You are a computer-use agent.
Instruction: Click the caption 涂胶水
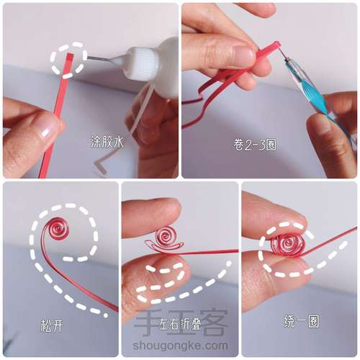[107, 143]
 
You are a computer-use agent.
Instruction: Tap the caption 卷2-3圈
[254, 145]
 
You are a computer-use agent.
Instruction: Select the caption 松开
[52, 325]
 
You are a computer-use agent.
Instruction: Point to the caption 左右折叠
[180, 324]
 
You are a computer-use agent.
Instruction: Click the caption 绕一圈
[301, 322]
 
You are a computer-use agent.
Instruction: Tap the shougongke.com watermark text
[180, 346]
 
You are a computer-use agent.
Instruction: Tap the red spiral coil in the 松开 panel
[58, 228]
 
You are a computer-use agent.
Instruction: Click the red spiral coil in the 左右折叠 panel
[166, 236]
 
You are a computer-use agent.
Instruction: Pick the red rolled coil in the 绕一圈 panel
[287, 243]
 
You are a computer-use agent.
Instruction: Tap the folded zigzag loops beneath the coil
[164, 248]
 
